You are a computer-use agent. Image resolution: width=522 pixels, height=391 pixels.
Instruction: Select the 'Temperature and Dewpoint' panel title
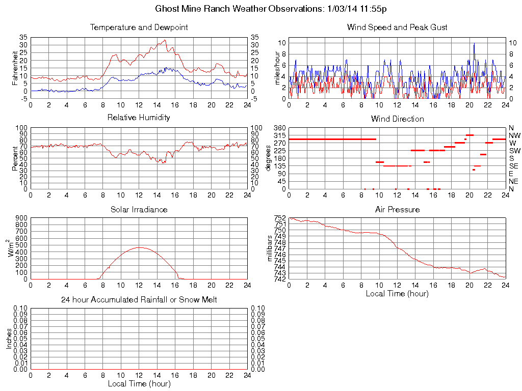point(139,27)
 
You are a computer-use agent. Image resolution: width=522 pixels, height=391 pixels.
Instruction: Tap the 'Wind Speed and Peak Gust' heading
point(397,27)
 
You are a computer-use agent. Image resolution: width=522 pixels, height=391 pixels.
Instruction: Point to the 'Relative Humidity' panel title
point(139,118)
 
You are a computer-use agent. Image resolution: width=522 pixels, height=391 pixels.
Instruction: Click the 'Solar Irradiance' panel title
point(139,209)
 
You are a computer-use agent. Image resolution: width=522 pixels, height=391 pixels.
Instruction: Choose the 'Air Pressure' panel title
point(397,209)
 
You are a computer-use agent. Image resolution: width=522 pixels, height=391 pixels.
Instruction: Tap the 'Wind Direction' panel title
point(397,119)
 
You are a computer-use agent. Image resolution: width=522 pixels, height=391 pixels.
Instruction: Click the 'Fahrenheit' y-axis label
point(15,68)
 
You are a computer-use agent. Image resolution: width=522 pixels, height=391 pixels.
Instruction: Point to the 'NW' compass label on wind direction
point(514,135)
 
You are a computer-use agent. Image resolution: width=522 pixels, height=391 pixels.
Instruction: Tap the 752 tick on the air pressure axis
point(280,218)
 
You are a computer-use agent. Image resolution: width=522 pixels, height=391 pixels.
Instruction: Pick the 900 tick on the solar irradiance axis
point(21,218)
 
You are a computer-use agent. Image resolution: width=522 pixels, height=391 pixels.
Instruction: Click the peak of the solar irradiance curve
point(139,247)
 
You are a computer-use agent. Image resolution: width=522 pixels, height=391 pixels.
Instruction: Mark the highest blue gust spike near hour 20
point(474,44)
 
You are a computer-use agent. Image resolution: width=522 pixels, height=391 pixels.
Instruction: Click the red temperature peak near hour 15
point(165,40)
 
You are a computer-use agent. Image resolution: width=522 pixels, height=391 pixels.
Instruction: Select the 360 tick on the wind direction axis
point(280,128)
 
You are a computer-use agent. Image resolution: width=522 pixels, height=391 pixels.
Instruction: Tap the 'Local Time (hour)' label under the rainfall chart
point(139,383)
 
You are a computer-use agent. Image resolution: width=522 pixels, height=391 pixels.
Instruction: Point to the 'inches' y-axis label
point(9,339)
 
